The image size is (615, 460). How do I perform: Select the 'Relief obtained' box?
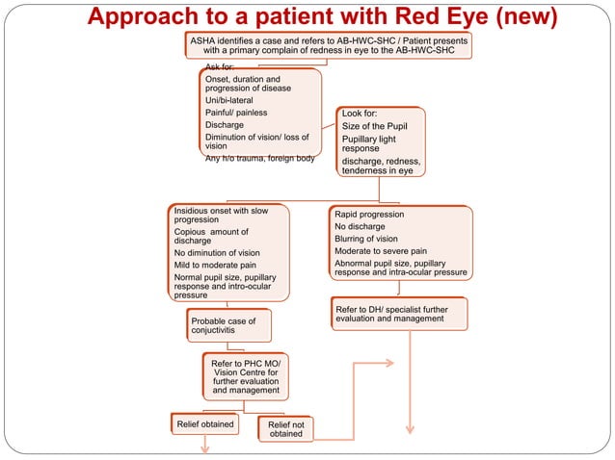pos(203,422)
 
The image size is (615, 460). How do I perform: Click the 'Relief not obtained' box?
pos(285,428)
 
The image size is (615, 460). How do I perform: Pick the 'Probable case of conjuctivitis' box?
pos(228,325)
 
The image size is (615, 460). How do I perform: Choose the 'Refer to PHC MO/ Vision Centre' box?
pos(246,376)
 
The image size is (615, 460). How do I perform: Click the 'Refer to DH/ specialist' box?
pos(398,313)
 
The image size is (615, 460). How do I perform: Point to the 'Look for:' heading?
pos(360,114)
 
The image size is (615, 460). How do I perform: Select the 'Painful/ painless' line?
pos(236,113)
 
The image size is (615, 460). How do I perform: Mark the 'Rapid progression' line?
pos(369,215)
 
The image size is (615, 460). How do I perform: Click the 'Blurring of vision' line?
pos(365,239)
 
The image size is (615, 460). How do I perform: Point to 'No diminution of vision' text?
pos(217,253)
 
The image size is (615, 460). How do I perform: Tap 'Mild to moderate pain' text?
pos(215,265)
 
